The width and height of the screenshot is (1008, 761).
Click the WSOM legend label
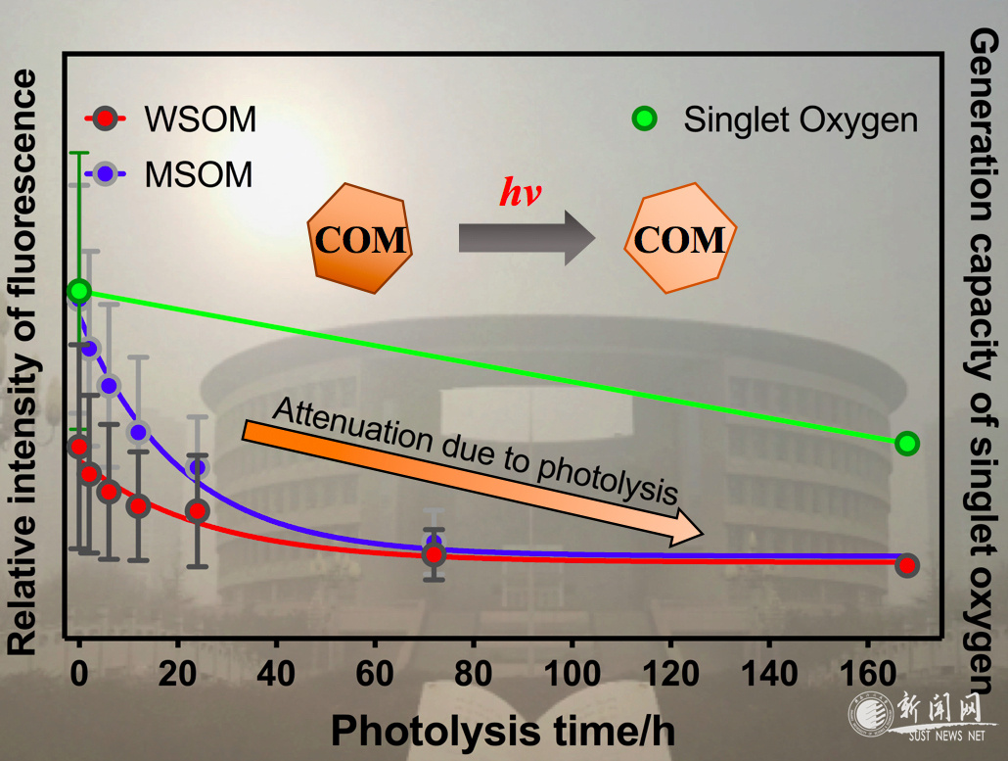click(200, 119)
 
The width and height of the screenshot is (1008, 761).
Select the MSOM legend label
click(198, 174)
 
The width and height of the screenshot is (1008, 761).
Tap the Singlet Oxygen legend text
click(801, 119)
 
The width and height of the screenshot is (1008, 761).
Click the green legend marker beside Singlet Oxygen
click(644, 119)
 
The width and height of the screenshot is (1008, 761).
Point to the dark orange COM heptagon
click(359, 241)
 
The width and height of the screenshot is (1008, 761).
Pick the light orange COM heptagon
click(680, 239)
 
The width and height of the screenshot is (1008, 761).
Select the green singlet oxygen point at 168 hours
click(907, 444)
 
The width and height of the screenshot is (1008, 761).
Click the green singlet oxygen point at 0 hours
click(79, 291)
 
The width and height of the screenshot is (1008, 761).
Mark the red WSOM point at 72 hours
click(434, 553)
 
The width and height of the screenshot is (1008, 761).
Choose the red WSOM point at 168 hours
click(907, 565)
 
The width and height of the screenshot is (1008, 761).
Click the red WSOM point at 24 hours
click(198, 511)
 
